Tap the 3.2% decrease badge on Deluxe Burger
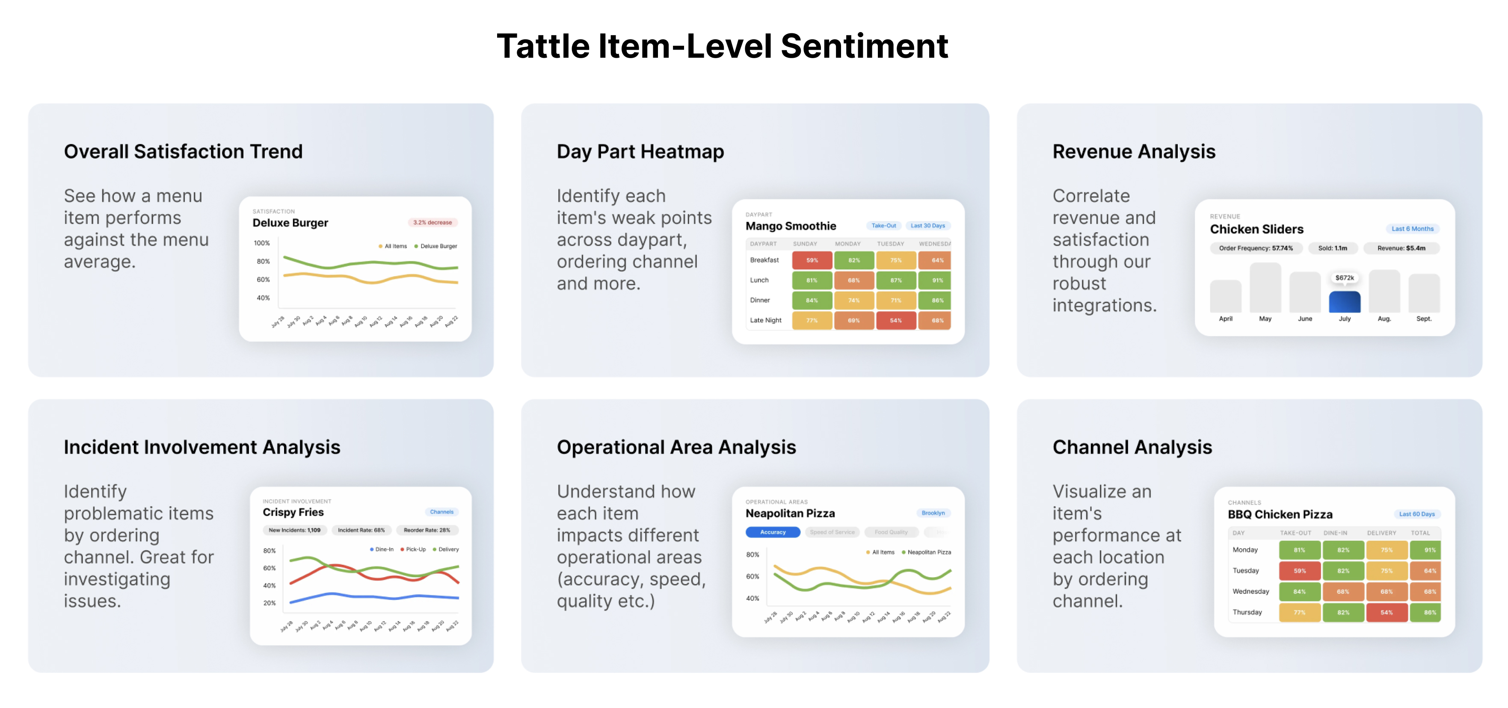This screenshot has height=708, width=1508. tap(432, 222)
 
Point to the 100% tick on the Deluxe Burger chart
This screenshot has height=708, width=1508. tap(262, 243)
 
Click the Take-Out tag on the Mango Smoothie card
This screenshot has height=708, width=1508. tap(883, 226)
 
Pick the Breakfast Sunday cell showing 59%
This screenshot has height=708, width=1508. tap(812, 260)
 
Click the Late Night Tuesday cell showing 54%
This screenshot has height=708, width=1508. tap(895, 321)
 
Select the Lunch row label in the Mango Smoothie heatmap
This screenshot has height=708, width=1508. tap(759, 280)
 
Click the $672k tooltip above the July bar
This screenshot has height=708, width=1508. tap(1344, 278)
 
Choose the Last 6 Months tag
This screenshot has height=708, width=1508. tap(1412, 229)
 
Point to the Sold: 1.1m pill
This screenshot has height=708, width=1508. tap(1332, 248)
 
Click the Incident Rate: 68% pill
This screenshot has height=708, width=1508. tap(361, 530)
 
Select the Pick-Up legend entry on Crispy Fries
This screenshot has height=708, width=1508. tap(415, 549)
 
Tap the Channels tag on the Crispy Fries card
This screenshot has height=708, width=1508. tap(441, 512)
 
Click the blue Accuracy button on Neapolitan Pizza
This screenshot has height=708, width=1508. tap(773, 532)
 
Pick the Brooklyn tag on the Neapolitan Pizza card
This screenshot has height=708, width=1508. tap(933, 513)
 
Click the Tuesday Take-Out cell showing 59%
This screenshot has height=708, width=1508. tap(1299, 571)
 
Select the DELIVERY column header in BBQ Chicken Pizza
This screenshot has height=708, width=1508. tap(1381, 533)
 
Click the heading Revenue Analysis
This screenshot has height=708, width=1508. tap(1133, 151)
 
